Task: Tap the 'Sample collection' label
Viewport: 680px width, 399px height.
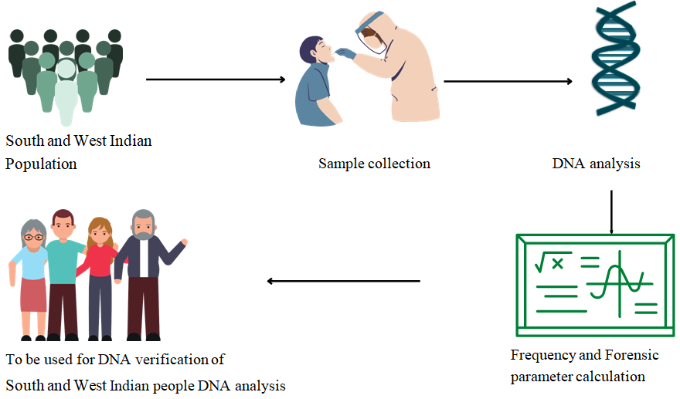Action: [x=374, y=164]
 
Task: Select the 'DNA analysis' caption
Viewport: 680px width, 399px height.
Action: [x=596, y=164]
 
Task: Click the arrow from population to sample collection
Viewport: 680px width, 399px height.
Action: [x=216, y=79]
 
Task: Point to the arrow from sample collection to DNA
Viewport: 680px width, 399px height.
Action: [x=508, y=81]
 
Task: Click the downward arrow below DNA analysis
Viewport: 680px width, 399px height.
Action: [x=611, y=210]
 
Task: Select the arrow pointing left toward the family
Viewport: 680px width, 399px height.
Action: [x=343, y=281]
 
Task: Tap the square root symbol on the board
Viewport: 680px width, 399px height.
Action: [x=549, y=262]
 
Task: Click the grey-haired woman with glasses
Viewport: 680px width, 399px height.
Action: [x=33, y=278]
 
